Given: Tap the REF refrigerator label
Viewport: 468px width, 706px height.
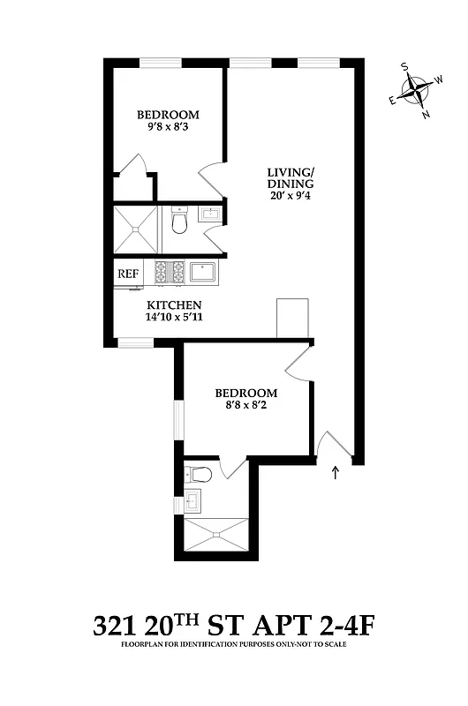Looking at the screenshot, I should coord(127,274).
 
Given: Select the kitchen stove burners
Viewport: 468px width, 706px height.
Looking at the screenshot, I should coord(170,273).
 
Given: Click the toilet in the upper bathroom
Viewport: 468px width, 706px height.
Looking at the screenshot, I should coord(179,220).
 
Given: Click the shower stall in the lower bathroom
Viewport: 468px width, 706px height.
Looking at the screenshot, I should coord(216,533).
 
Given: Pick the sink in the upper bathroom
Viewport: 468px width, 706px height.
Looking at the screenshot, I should coord(211,214).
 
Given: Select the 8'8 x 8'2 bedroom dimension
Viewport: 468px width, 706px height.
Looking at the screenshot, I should coord(246,407).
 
